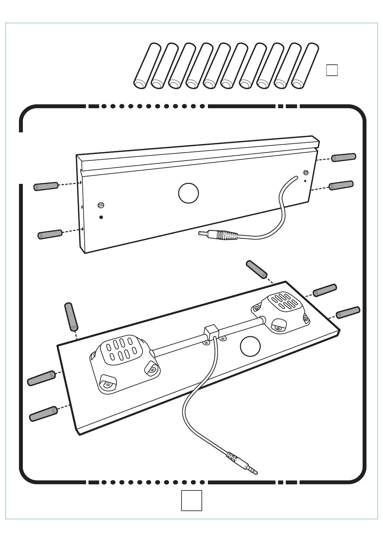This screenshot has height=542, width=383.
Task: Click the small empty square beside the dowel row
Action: point(332,70)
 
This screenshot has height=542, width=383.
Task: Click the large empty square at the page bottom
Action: point(191,500)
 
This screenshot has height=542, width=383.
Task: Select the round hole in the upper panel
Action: point(188,193)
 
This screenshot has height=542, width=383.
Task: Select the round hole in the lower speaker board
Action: point(250,346)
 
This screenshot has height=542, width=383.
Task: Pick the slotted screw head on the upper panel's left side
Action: point(101,204)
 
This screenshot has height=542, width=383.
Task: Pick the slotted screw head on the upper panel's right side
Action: point(306,172)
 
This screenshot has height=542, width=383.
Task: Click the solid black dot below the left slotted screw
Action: point(101,217)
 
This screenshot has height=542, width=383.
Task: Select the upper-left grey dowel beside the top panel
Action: point(46,186)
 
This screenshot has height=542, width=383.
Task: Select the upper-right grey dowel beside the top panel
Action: point(343,157)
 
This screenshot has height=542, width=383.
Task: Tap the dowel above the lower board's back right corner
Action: point(257,269)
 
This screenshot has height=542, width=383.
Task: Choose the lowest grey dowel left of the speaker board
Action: point(43,414)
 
